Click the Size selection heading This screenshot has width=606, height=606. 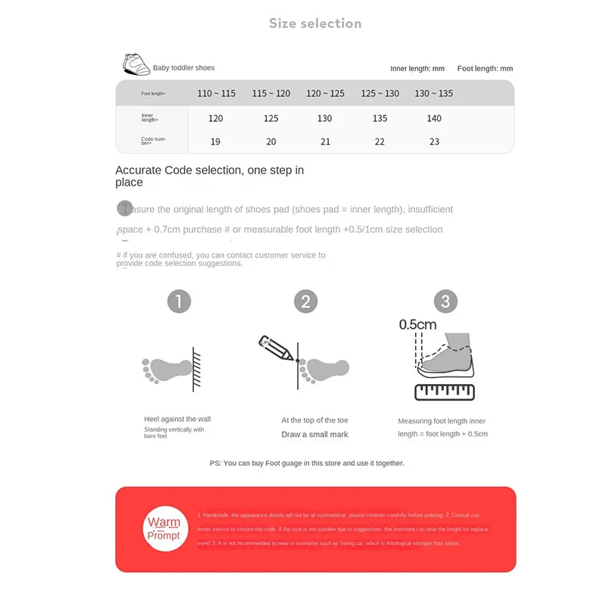pos(315,23)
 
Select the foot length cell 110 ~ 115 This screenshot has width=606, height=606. pos(216,93)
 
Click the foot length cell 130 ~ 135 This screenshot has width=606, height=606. pos(434,93)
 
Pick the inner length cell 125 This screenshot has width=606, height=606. pos(271,118)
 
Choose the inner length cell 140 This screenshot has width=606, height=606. pos(434,118)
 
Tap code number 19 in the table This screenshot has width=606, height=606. pos(216,142)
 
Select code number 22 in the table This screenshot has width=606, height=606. pos(380,142)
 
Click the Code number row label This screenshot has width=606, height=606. pos(153,141)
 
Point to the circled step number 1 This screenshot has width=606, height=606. pos(179,301)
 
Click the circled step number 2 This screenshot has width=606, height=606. pos(305,301)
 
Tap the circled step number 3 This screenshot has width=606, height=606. pos(445,301)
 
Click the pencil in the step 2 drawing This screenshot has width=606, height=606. pos(276,348)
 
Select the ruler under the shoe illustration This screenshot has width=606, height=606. pos(445,391)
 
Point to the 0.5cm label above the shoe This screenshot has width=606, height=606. pos(418,325)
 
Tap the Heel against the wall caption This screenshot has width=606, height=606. pos(177,419)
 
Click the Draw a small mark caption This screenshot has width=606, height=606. pos(314,434)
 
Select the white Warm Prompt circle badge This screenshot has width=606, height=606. pos(164,528)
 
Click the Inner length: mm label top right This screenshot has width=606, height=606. pos(417,68)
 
